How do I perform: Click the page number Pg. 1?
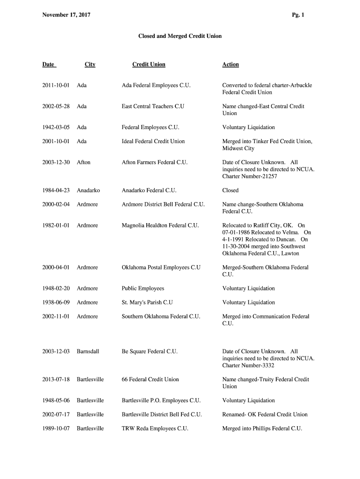(x=298, y=15)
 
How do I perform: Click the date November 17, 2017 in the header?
(x=66, y=15)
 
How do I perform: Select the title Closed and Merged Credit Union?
(x=180, y=36)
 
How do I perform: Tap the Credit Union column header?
(x=149, y=65)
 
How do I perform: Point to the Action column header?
(x=230, y=65)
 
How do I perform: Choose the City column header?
(x=90, y=65)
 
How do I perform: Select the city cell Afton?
(x=84, y=162)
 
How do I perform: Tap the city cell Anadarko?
(x=88, y=190)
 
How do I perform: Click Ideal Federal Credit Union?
(x=153, y=141)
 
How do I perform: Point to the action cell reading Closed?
(x=230, y=190)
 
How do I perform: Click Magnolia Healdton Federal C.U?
(x=160, y=225)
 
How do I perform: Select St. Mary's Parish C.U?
(x=147, y=302)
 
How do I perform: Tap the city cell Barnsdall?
(x=88, y=351)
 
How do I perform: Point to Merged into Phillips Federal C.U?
(x=262, y=428)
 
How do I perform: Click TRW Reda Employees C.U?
(x=155, y=428)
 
